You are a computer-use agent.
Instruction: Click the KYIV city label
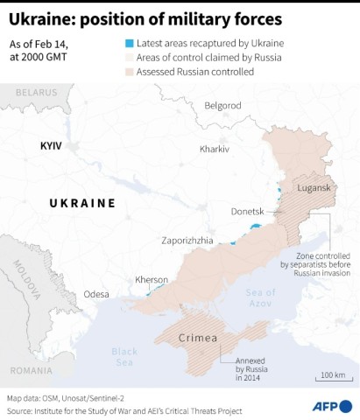coord(52,146)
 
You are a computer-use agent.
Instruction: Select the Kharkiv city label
coord(214,150)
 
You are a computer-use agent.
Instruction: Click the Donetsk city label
coord(246,211)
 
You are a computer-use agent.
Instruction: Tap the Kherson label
coord(151,280)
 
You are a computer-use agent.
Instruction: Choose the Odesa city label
coord(95,294)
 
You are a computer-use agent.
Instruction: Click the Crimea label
coord(198,338)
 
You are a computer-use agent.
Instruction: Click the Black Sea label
coord(124,357)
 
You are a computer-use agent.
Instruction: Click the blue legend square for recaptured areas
coord(129,42)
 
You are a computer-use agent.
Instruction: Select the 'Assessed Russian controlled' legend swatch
coord(129,72)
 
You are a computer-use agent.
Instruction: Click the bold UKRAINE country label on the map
coord(82,203)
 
